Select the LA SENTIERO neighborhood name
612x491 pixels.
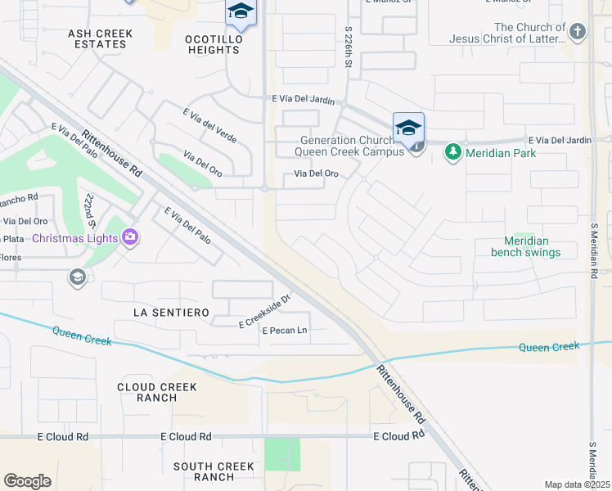pos(171,313)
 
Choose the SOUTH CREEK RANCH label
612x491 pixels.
pos(215,471)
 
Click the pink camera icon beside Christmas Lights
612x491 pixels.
pos(130,238)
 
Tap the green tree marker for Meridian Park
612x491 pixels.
pos(452,153)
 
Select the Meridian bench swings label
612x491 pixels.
pos(526,246)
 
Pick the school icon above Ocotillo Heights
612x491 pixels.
pos(241,11)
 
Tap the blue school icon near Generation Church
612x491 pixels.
pos(408,128)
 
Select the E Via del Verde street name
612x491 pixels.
pos(209,125)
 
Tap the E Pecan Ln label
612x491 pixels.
pos(284,330)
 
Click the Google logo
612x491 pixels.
pos(27,481)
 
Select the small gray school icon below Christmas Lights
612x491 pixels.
pos(77,277)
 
